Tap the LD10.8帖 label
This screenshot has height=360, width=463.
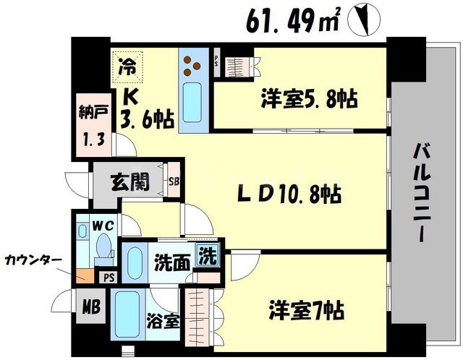pyautogui.click(x=290, y=194)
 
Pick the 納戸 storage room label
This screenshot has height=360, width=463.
pyautogui.click(x=90, y=113)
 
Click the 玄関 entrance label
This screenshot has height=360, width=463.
pyautogui.click(x=131, y=182)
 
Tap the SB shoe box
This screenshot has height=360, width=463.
pyautogui.click(x=174, y=181)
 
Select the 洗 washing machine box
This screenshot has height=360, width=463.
pyautogui.click(x=208, y=257)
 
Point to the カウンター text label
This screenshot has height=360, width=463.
pyautogui.click(x=30, y=258)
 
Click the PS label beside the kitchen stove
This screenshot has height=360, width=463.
pyautogui.click(x=216, y=61)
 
